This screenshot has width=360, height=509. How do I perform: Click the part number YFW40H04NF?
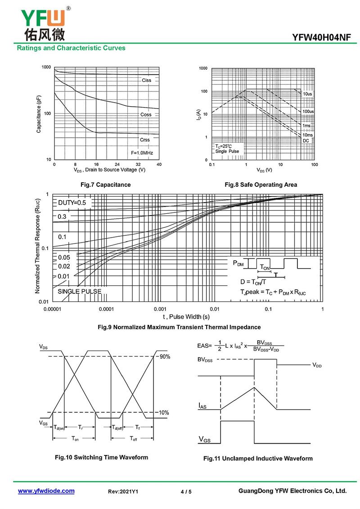point(321,38)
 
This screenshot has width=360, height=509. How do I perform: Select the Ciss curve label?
point(147,80)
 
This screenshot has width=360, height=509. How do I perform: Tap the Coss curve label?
point(146,115)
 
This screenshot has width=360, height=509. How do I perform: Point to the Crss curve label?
point(145,140)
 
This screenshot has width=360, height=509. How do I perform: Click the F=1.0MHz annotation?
point(142,153)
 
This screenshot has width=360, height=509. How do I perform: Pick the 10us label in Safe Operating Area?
point(307,94)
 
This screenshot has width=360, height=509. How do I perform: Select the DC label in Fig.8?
point(306,141)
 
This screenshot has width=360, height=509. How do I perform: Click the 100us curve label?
point(308,111)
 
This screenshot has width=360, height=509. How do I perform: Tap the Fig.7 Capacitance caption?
point(105,185)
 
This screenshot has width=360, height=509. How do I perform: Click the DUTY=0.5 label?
point(72,203)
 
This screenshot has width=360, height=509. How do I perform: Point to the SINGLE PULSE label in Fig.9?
point(79,292)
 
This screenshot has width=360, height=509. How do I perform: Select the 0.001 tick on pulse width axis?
point(160,309)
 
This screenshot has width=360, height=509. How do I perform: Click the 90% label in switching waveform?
point(164,357)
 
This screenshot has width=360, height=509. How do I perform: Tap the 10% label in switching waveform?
point(164,413)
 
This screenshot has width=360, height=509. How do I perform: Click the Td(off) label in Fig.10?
point(117,428)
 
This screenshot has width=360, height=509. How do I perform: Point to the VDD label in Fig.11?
point(317,365)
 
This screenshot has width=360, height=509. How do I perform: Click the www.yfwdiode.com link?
point(46,491)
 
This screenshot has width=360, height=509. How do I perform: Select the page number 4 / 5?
point(186,492)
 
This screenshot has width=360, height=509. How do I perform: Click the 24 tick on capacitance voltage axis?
point(117,164)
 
